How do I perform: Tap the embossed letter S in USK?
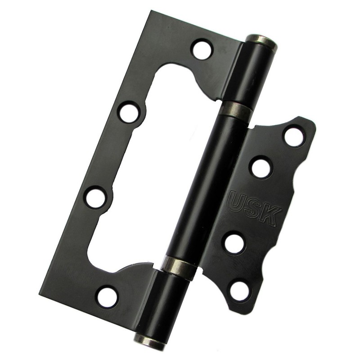point(255,208)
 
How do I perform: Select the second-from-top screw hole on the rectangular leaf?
point(130,110)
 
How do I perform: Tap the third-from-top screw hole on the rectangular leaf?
point(96,197)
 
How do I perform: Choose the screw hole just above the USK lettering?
point(261,167)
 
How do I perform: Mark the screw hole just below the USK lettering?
point(234,243)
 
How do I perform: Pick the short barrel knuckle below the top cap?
point(250,72)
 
